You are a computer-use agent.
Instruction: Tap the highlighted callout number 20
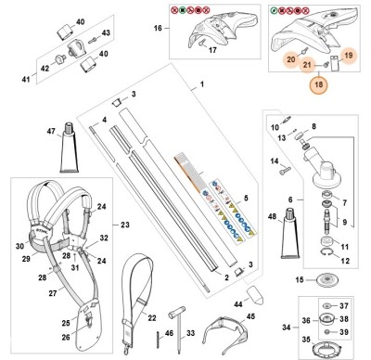291,60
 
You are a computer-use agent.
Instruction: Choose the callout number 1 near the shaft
198,85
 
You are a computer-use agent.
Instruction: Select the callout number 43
106,33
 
